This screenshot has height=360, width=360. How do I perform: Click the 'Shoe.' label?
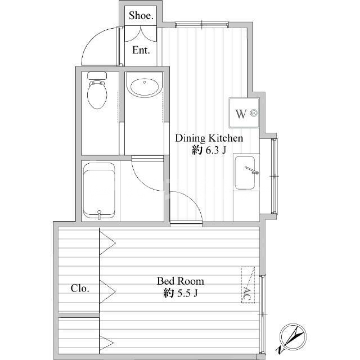tap(141, 16)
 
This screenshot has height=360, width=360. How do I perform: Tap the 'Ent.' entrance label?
tap(141, 50)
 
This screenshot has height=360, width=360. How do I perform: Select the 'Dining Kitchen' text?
tap(209, 138)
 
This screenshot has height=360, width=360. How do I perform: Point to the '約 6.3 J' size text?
tap(209, 150)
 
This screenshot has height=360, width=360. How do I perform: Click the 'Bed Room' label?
tap(181, 281)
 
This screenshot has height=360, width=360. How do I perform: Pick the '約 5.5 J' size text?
tap(181, 293)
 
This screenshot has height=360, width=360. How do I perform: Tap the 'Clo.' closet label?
tap(80, 289)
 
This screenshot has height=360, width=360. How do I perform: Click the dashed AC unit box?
tap(248, 285)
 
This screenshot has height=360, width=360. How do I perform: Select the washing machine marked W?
tap(244, 112)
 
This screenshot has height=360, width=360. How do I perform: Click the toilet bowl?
tap(97, 94)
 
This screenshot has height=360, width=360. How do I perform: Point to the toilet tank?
tap(97, 75)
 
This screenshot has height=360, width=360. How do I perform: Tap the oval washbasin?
tap(145, 87)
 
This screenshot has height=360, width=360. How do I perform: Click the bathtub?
tap(99, 191)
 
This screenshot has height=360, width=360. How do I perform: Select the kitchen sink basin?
tap(245, 173)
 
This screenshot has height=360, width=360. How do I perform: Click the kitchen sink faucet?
tap(251, 170)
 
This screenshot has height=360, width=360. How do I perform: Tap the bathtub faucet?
tap(99, 214)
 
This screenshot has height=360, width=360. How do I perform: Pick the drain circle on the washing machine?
tap(254, 112)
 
